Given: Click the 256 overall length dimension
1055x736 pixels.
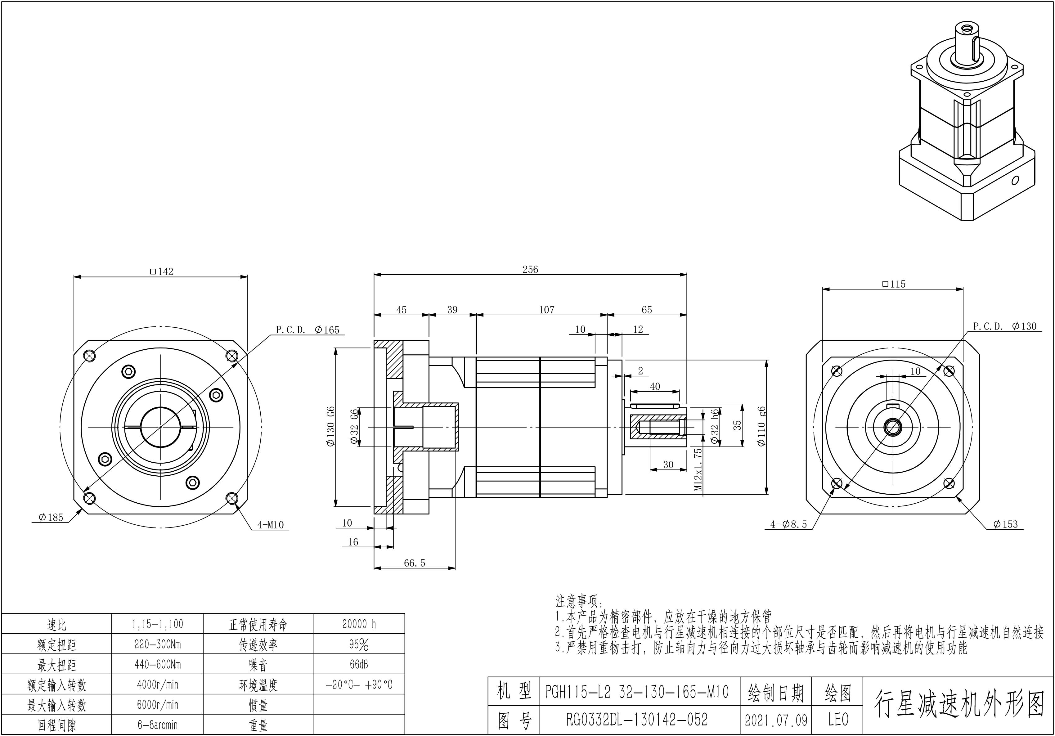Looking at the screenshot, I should tap(530, 270).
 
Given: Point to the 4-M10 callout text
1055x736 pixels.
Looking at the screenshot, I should tap(270, 525).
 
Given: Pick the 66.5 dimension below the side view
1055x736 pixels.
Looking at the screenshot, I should tap(415, 563).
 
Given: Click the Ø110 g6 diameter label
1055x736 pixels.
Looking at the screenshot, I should tap(761, 426).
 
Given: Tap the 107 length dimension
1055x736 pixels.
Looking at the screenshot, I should tap(546, 310).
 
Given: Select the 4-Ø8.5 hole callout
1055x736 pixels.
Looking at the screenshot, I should tap(788, 524).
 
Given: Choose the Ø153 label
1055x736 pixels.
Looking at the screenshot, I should tap(1005, 524).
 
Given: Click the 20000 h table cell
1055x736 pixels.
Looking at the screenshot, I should tap(359, 624).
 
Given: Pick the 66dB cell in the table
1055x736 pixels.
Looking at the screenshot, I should tap(359, 664).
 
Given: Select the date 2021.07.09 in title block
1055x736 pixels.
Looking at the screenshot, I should tap(776, 720).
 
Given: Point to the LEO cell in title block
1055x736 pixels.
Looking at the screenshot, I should tap(838, 720).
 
